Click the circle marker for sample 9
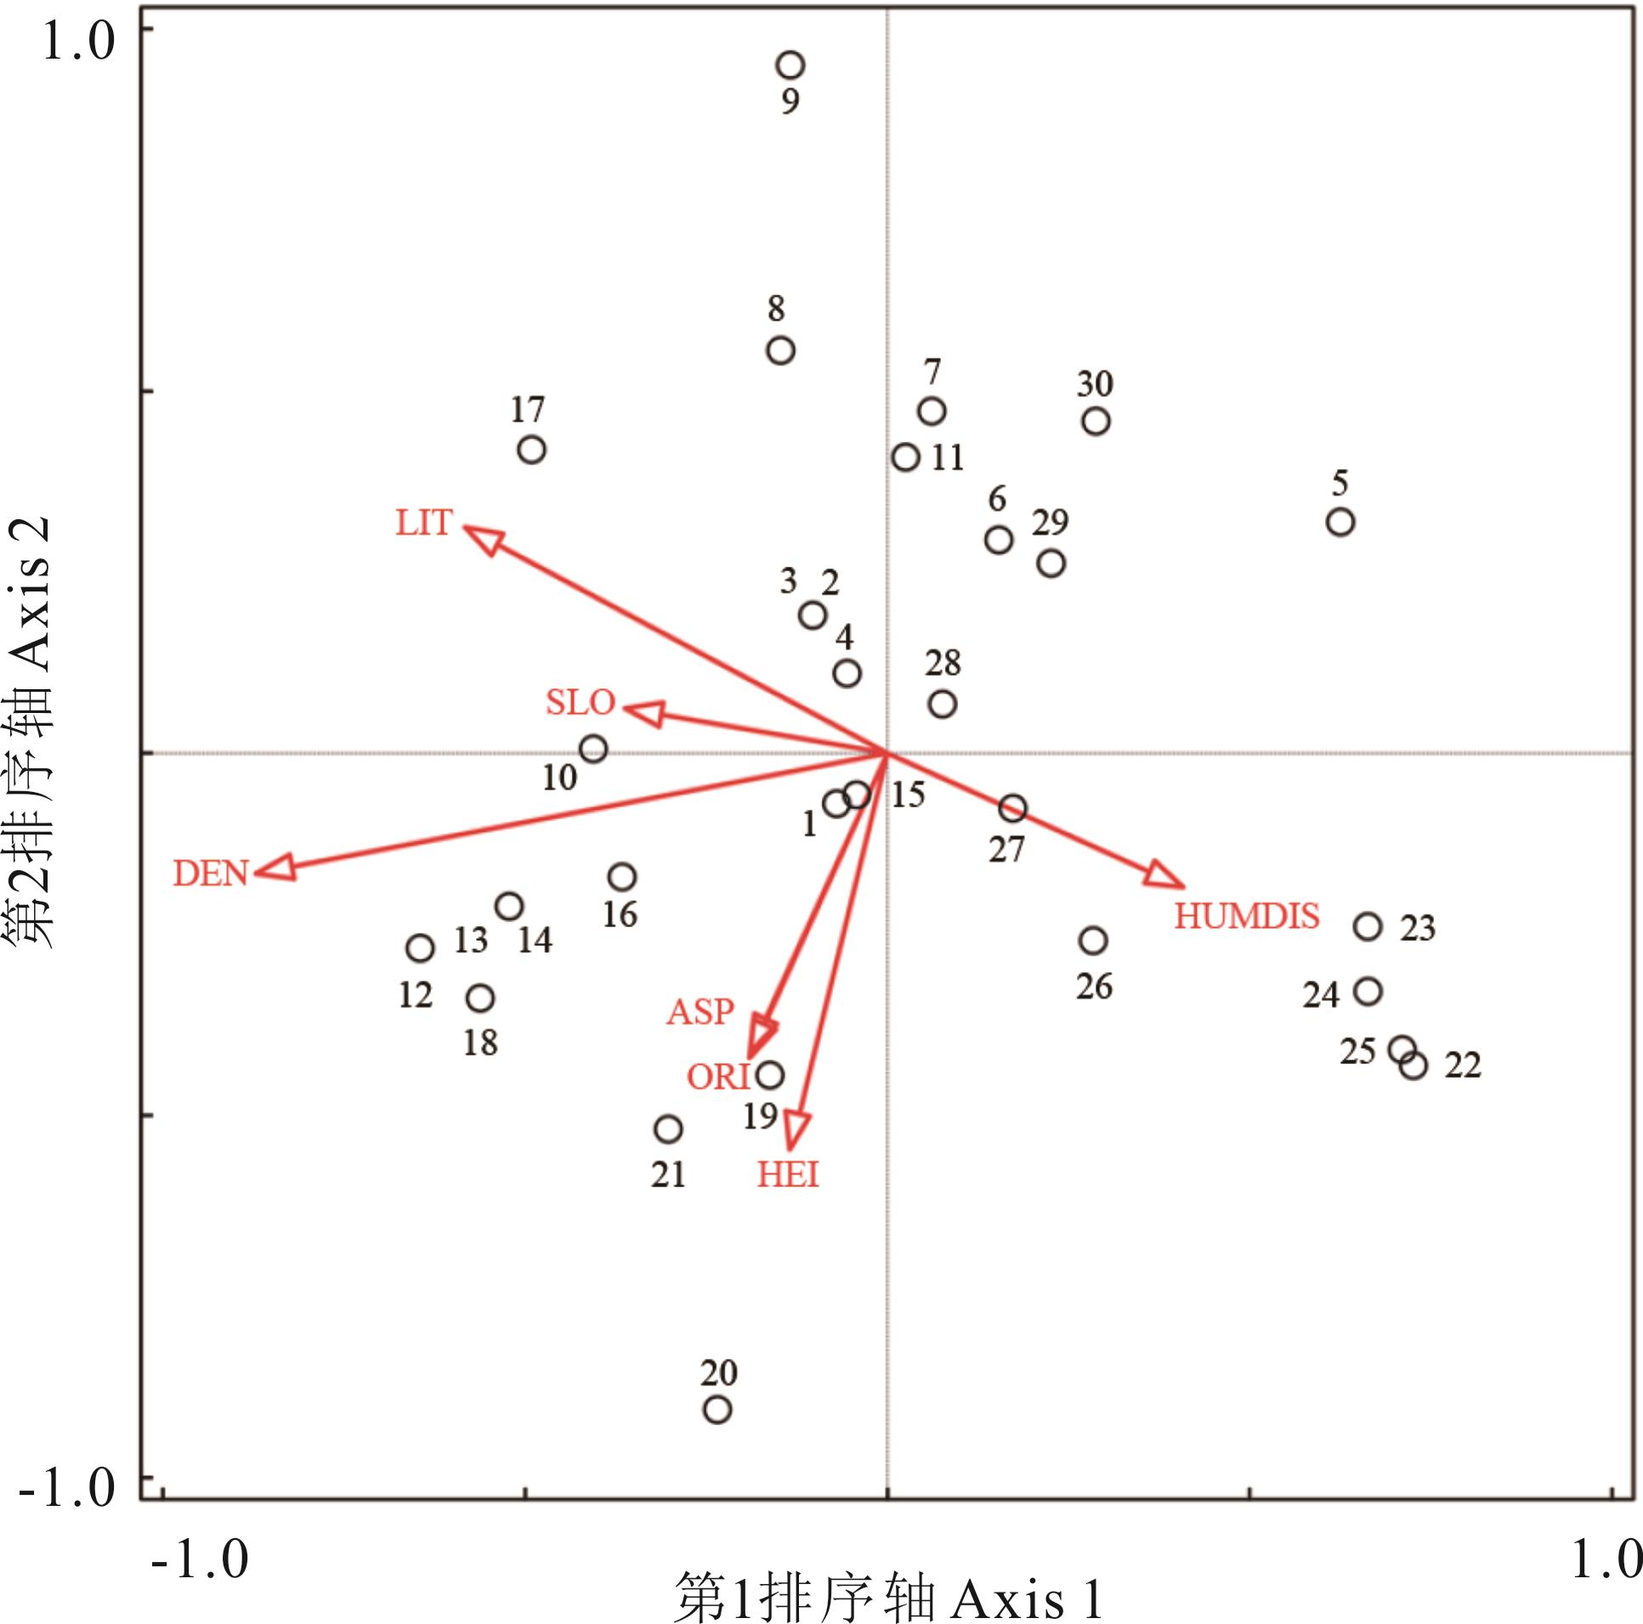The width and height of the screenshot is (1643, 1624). click(790, 65)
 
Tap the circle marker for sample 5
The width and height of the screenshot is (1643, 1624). click(1340, 522)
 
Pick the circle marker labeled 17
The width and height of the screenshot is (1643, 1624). click(531, 449)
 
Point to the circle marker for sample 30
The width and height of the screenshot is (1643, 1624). click(1096, 421)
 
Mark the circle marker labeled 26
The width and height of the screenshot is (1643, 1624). click(1093, 941)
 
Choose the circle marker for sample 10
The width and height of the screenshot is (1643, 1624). click(592, 749)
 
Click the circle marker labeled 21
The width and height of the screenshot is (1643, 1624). click(668, 1129)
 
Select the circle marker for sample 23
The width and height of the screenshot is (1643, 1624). click(1368, 926)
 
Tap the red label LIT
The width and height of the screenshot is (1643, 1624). click(423, 522)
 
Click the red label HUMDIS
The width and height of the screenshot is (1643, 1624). click(1247, 916)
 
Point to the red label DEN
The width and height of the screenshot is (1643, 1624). click(210, 874)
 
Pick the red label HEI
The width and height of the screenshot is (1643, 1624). click(788, 1174)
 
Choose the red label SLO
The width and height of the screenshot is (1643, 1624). click(580, 702)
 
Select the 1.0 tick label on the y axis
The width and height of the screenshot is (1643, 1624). click(78, 40)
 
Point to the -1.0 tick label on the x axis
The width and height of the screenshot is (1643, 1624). click(200, 1559)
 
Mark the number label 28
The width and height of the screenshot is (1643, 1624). click(943, 663)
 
